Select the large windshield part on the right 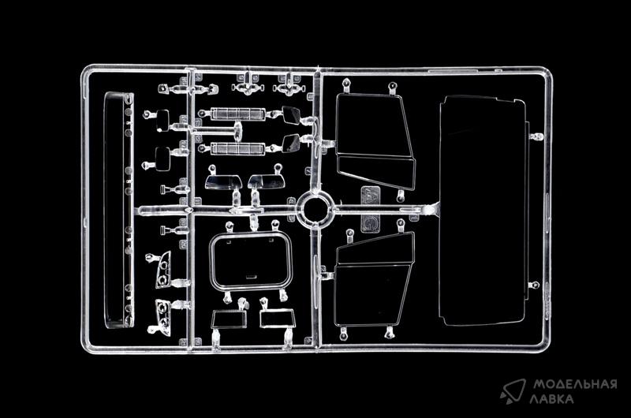482,210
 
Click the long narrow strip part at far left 118,209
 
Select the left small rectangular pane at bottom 229,319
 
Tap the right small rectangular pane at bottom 277,319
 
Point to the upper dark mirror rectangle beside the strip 163,121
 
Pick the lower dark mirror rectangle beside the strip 163,158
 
